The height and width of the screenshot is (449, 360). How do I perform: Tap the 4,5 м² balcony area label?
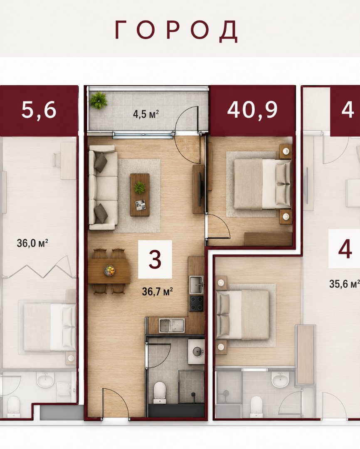click(146, 114)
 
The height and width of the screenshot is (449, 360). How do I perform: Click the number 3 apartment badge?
click(155, 259)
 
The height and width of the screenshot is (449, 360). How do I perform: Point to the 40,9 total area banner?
click(252, 110)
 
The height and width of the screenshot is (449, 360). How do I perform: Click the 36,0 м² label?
click(32, 243)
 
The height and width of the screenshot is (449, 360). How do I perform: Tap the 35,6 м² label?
click(344, 284)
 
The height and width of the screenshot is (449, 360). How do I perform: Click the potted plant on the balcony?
click(98, 100)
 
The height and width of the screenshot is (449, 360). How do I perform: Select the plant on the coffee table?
click(140, 187)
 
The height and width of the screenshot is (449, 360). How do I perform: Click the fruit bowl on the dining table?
click(109, 270)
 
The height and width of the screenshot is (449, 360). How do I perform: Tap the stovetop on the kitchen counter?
click(197, 303)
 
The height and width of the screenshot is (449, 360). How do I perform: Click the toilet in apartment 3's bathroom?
click(159, 391)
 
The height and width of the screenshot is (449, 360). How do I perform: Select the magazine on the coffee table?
click(141, 205)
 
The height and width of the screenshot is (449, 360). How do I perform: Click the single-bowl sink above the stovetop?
click(197, 285)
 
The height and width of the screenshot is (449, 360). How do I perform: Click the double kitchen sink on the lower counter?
click(172, 326)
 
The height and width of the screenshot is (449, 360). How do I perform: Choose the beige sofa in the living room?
click(103, 188)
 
